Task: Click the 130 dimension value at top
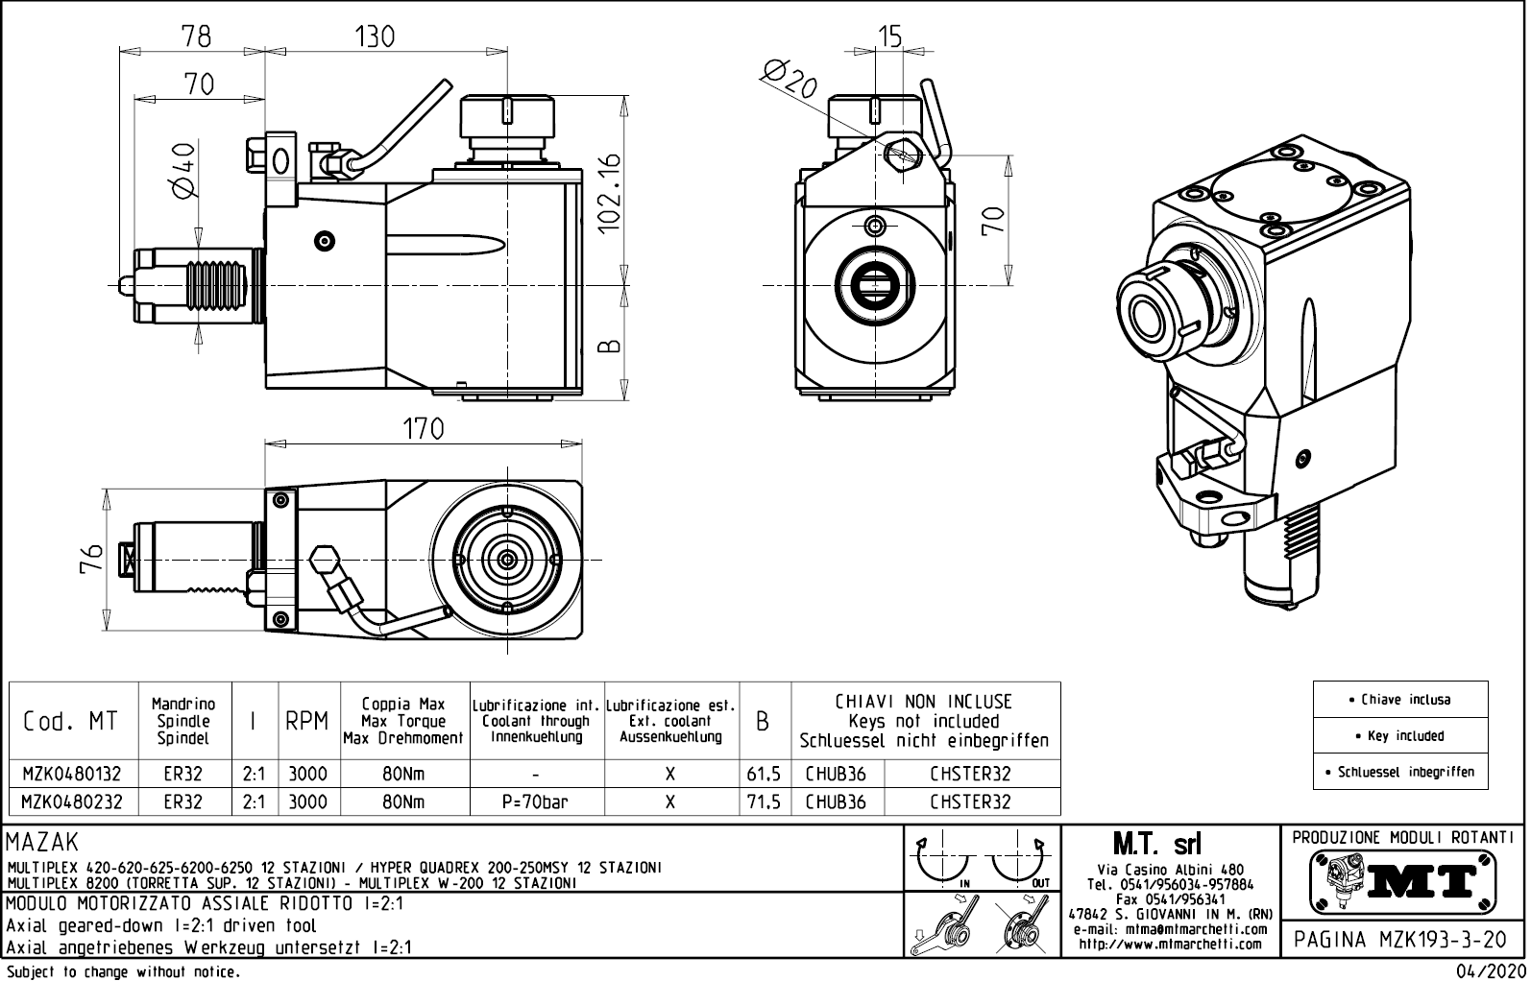[374, 36]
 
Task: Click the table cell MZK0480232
[72, 802]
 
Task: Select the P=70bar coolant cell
[536, 802]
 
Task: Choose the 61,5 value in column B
[764, 774]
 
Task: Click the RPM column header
[307, 721]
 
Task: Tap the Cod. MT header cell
[71, 721]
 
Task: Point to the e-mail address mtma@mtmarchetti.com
[1170, 929]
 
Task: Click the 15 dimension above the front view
[890, 36]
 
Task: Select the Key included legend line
[1400, 736]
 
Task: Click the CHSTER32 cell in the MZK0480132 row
[970, 774]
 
